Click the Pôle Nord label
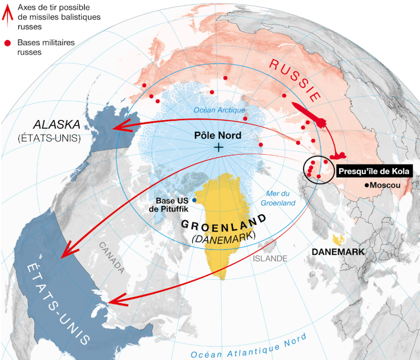tap(218, 135)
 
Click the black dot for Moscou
tap(367, 185)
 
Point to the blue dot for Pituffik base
tap(194, 200)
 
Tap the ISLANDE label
tap(270, 259)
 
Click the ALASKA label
tap(57, 124)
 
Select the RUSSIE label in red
tap(295, 79)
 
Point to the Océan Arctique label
tap(219, 110)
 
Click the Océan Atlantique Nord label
tap(248, 347)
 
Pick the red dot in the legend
tap(7, 42)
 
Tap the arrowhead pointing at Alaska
tap(119, 128)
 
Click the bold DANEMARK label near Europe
tap(338, 251)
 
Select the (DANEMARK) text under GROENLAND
tap(223, 237)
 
